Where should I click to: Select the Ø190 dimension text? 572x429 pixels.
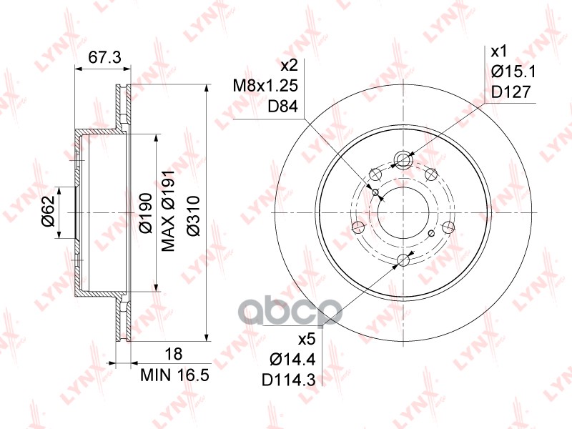pyautogui.click(x=146, y=213)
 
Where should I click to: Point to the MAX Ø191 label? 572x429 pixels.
pyautogui.click(x=168, y=210)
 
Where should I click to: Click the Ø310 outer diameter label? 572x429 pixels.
pyautogui.click(x=193, y=217)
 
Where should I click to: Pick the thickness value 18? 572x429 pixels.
pyautogui.click(x=173, y=354)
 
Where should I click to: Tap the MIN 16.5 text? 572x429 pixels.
pyautogui.click(x=175, y=375)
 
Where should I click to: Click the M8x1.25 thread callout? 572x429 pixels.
pyautogui.click(x=265, y=86)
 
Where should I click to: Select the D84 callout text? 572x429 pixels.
pyautogui.click(x=283, y=106)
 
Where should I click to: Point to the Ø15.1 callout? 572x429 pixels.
pyautogui.click(x=513, y=71)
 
